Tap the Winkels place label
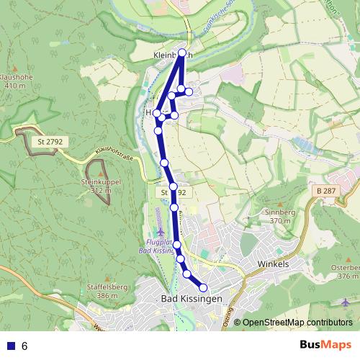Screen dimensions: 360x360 coord(273,264)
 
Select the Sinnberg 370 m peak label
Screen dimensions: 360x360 coord(280,216)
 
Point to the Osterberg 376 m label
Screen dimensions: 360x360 coord(343,271)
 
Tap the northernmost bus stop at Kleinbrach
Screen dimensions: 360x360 coord(182,53)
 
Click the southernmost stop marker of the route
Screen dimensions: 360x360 coord(203,287)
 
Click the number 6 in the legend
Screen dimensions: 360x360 coord(24,346)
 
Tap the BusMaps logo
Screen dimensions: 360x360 coord(325,345)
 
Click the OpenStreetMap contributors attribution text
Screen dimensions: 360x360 coord(297,323)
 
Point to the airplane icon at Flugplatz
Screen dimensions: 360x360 coord(161,232)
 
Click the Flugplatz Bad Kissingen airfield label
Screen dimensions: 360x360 coord(156,247)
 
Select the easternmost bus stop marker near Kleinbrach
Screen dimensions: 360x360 coord(189,91)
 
